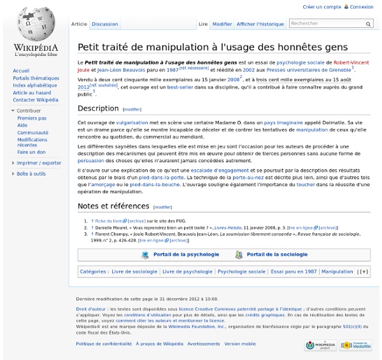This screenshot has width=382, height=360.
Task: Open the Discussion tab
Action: pyautogui.click(x=104, y=24)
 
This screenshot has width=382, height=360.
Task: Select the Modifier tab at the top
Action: pyautogui.click(x=222, y=24)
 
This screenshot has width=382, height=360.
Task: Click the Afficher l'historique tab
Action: pyautogui.click(x=260, y=24)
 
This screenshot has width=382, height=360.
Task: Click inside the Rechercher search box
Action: pyautogui.click(x=327, y=24)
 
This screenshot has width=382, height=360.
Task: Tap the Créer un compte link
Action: pyautogui.click(x=322, y=7)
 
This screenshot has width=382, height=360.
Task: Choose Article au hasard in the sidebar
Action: pyautogui.click(x=31, y=93)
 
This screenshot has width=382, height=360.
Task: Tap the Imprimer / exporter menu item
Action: pyautogui.click(x=39, y=163)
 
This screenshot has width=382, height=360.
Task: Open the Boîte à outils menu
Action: pyautogui.click(x=31, y=174)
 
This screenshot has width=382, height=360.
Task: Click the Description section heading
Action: pyautogui.click(x=98, y=108)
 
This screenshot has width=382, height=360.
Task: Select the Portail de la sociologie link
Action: pyautogui.click(x=277, y=254)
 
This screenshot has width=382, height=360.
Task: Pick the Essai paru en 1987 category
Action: pyautogui.click(x=293, y=272)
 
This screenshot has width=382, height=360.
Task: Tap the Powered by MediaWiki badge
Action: pyautogui.click(x=355, y=345)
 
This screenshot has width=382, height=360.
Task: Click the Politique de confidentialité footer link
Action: pyautogui.click(x=103, y=343)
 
